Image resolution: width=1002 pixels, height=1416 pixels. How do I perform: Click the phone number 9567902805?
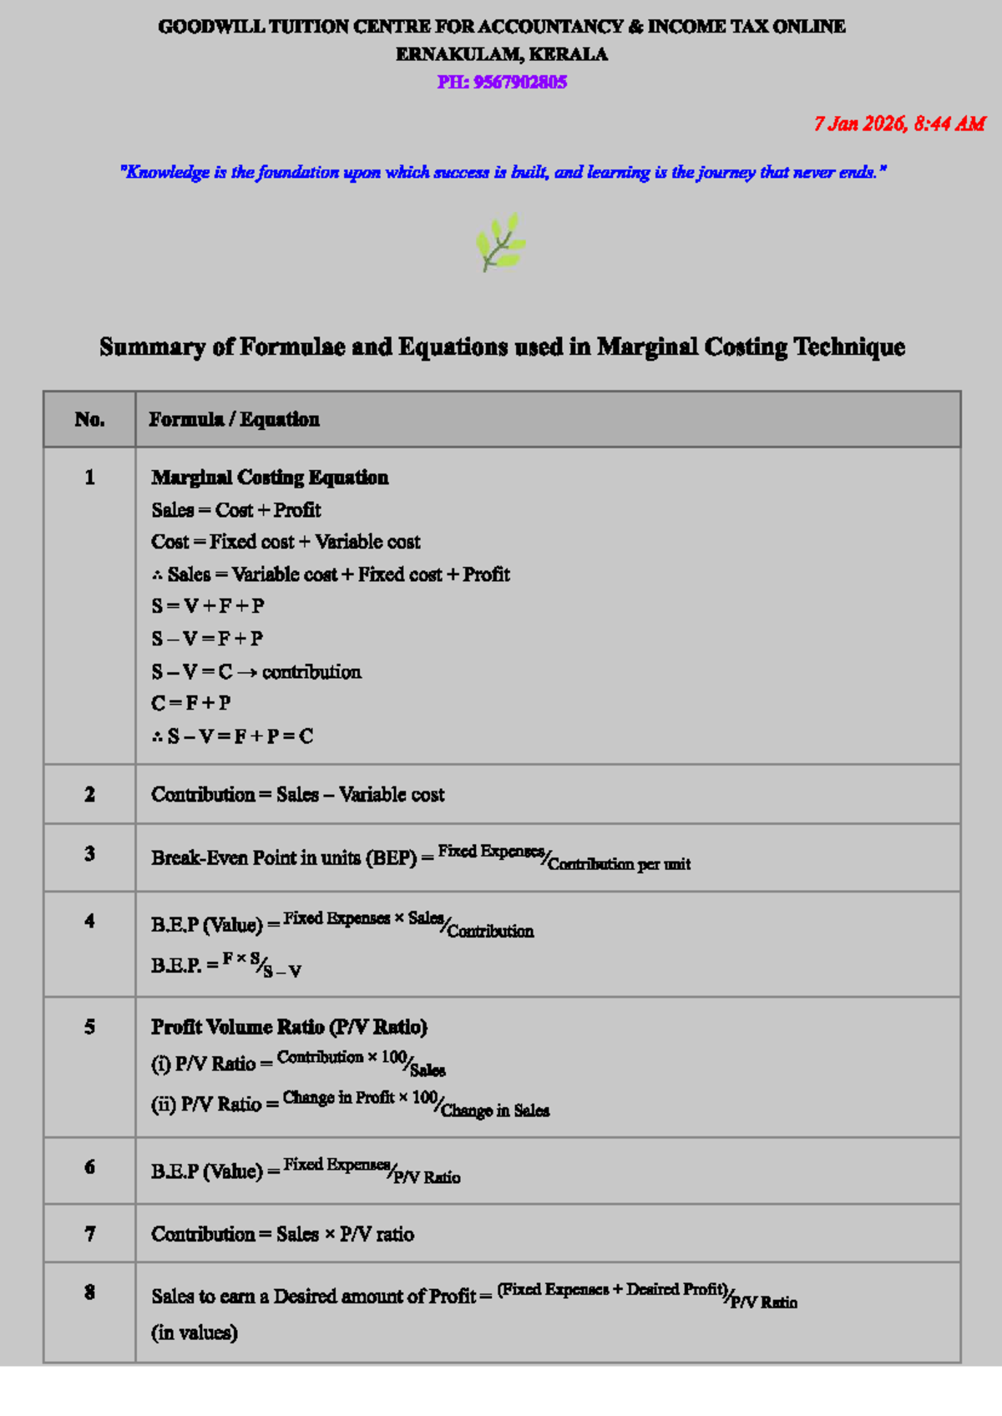519,82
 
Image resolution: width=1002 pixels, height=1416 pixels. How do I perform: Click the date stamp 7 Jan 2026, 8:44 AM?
899,124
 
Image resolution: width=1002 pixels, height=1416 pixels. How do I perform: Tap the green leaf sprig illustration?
501,242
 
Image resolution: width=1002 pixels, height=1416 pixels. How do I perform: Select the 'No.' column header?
89,419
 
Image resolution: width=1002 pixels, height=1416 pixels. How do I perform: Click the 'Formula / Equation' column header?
234,419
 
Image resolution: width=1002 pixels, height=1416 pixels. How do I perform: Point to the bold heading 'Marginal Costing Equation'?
270,478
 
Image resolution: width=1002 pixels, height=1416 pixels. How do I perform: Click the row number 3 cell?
89,853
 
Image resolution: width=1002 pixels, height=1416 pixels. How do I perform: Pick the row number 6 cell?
89,1166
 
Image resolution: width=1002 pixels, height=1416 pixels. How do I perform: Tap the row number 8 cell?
89,1292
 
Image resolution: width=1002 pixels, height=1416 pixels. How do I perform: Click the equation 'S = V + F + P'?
208,606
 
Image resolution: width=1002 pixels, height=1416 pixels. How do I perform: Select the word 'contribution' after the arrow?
311,672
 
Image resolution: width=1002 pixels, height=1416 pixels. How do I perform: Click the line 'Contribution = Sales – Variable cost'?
297,795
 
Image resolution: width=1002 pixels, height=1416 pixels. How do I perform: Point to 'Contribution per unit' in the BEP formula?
620,864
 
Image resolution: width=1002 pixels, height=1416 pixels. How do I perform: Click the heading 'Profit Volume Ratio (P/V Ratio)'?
289,1027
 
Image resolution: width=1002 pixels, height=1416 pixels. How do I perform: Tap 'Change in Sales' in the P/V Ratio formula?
495,1110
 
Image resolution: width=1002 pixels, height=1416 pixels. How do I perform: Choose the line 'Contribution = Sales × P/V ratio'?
282,1234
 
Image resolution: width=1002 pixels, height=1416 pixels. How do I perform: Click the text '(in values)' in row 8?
195,1333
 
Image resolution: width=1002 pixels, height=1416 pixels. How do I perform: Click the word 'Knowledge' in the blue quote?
168,172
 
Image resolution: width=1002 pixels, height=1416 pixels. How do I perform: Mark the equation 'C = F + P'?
191,703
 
